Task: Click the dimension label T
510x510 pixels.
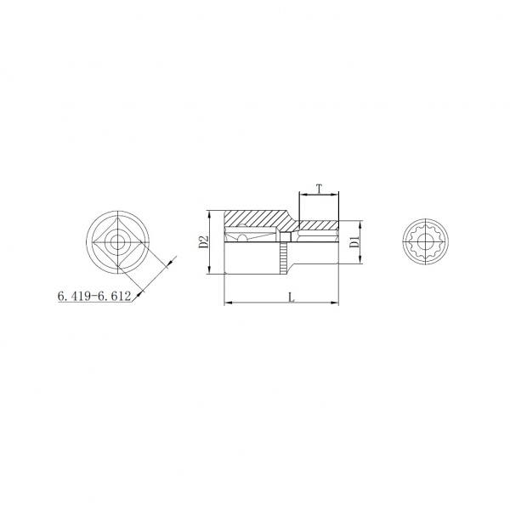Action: coord(320,189)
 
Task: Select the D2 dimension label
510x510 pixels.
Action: coord(203,242)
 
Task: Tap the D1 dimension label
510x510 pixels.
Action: coord(354,242)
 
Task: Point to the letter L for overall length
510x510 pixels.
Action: coord(292,297)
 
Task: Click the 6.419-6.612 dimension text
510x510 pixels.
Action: coord(94,296)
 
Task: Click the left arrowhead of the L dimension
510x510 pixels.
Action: coord(229,303)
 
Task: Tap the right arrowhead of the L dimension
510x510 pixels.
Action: coord(335,303)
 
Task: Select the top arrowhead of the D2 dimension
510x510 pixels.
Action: coord(210,215)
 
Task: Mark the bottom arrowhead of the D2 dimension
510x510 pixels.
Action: coord(210,269)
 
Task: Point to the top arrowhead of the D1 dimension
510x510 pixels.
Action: coord(360,225)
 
